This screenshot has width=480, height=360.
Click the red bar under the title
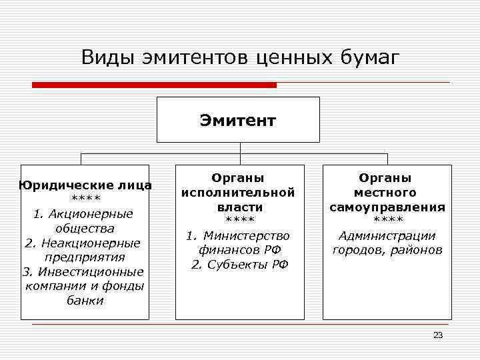(154, 85)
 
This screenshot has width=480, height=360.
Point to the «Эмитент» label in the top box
(237, 121)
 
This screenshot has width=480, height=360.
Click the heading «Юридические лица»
(85, 185)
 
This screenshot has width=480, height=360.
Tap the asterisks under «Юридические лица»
(85, 199)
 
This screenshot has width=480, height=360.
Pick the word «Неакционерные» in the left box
(92, 243)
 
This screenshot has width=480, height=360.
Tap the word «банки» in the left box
(85, 300)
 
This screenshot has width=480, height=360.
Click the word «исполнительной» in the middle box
(238, 193)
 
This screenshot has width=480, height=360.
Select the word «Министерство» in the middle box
(246, 235)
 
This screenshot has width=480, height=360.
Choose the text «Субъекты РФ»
(246, 264)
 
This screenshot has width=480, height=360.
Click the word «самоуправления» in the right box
(387, 207)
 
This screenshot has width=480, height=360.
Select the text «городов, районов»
(387, 250)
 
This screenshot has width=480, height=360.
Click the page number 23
(438, 335)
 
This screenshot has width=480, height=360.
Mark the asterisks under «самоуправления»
(387, 221)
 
